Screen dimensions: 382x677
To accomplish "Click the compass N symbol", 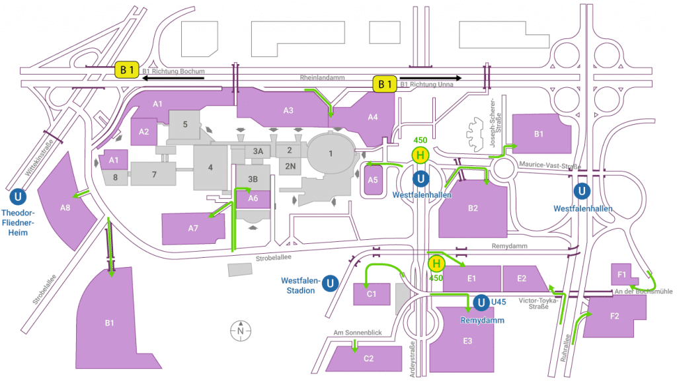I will [x=241, y=330].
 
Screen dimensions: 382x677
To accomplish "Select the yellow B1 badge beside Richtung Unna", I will [x=386, y=83].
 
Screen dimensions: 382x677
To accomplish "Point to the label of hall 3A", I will [x=258, y=151].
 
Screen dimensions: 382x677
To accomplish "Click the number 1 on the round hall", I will [x=331, y=154].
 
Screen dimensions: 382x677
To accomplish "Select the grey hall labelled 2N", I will [x=290, y=166].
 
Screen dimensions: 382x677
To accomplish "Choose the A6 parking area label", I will [x=253, y=198].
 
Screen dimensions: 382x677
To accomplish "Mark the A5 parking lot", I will [x=372, y=180].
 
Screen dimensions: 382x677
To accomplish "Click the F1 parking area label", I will [x=621, y=274].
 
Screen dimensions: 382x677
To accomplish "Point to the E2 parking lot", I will [x=522, y=278].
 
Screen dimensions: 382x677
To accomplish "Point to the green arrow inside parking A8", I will [x=82, y=194].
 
